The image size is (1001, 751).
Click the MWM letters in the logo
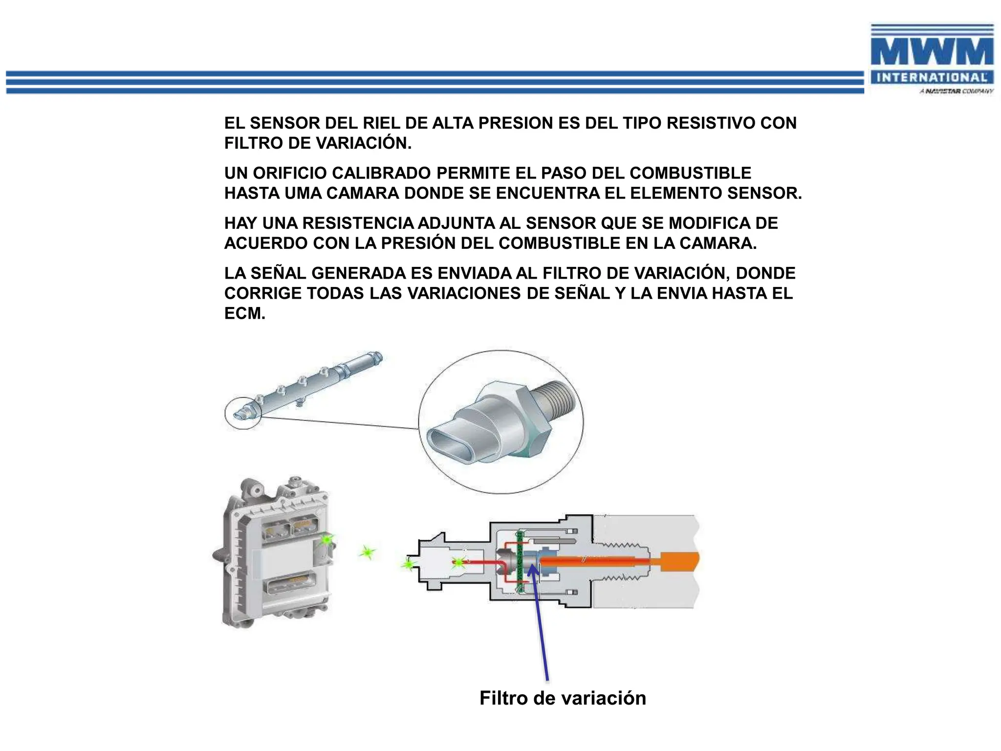(932, 52)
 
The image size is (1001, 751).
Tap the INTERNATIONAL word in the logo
(932, 77)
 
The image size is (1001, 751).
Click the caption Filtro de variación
(563, 698)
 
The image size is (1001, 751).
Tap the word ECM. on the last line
(244, 313)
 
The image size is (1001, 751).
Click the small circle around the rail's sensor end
(243, 414)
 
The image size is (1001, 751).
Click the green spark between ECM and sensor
(367, 553)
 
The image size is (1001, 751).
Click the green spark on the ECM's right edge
(326, 540)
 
